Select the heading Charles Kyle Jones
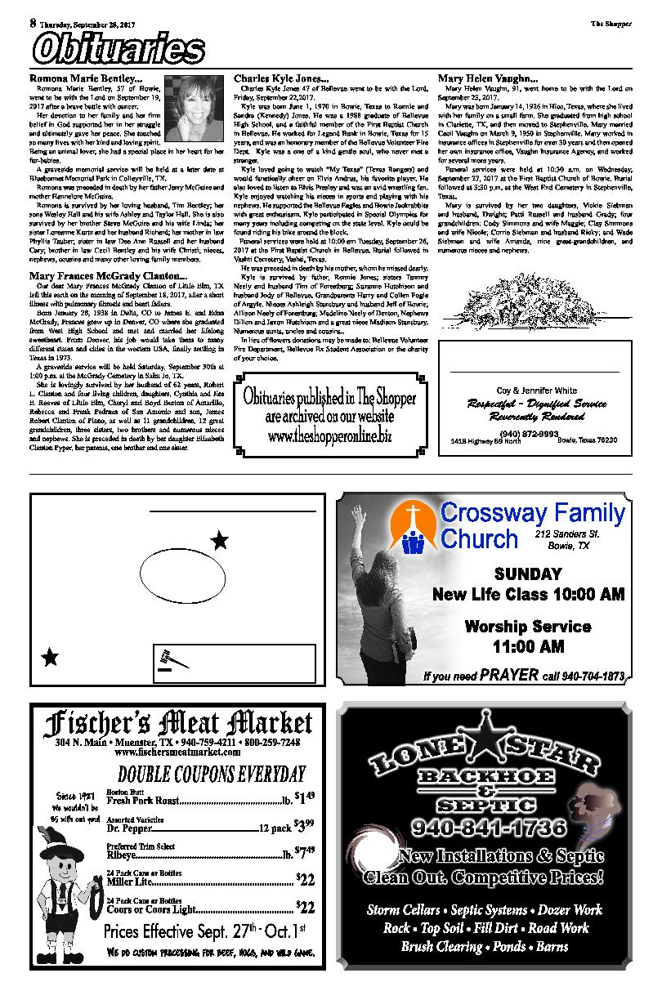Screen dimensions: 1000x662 [279, 78]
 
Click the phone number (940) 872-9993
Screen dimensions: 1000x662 [535, 432]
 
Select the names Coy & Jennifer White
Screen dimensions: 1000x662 [536, 391]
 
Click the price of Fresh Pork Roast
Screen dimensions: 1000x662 [303, 797]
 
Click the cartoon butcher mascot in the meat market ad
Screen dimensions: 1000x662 [68, 891]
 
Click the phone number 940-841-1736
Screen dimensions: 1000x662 [490, 828]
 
